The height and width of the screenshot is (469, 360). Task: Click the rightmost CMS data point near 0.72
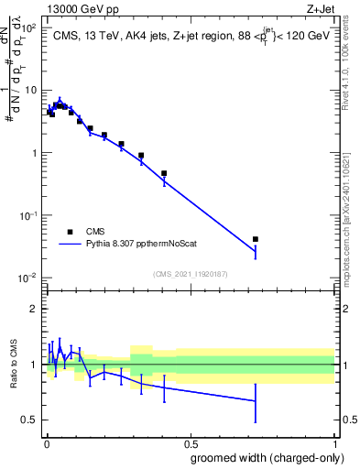pos(255,239)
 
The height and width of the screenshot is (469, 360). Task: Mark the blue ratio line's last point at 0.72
pos(255,400)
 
